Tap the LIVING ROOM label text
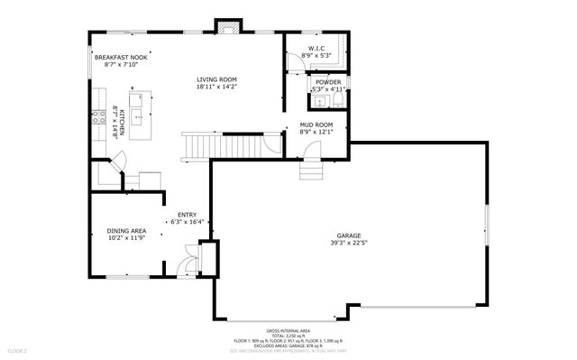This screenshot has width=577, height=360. tap(216, 80)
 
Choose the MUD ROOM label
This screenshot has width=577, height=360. tap(316, 125)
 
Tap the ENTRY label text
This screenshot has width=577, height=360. tap(187, 214)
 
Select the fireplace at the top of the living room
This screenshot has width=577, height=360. tap(225, 26)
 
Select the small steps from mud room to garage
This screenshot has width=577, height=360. tap(309, 167)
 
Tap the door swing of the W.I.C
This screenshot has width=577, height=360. tap(295, 60)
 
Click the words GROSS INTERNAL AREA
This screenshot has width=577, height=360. tap(288, 330)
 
